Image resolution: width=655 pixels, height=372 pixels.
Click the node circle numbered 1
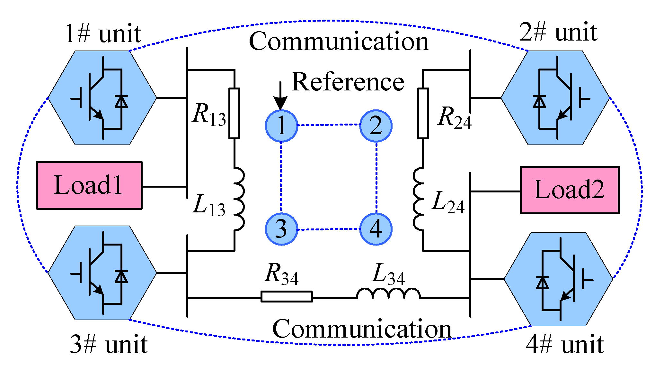[281, 126]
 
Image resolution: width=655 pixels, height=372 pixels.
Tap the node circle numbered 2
[376, 126]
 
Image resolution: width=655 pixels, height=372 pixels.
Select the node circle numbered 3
[281, 229]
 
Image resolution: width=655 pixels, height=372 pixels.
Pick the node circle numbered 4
[376, 229]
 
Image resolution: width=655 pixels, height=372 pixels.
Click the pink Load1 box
[89, 185]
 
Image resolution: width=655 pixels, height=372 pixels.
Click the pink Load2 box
[569, 190]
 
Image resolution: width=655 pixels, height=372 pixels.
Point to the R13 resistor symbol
[234, 113]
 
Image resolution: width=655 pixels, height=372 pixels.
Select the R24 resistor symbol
[423, 113]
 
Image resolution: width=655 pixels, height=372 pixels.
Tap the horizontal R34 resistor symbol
[287, 296]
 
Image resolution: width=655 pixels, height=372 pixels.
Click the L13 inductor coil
[238, 199]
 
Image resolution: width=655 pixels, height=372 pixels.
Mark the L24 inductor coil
[419, 199]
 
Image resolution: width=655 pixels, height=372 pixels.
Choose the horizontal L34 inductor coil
[388, 293]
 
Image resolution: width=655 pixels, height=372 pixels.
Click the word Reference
[348, 82]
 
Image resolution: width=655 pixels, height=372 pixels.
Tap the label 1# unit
[103, 33]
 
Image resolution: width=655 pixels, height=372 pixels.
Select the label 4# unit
[564, 344]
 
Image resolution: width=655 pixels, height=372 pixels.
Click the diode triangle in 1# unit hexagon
[121, 101]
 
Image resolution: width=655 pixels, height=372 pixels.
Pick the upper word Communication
[339, 42]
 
